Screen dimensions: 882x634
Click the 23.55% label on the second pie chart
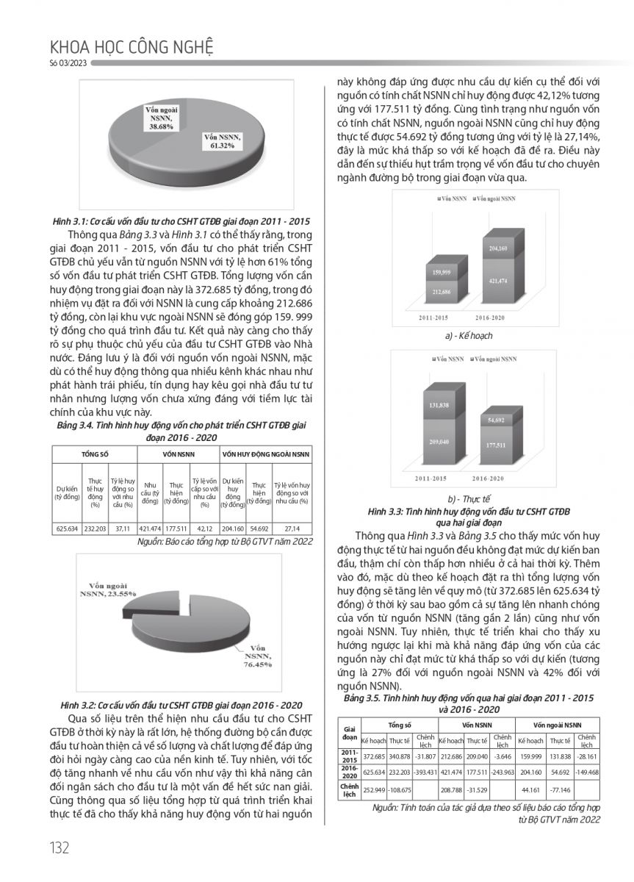click(x=111, y=586)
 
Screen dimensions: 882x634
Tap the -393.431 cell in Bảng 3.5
click(x=425, y=772)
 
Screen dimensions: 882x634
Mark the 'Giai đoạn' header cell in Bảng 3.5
click(x=350, y=732)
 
